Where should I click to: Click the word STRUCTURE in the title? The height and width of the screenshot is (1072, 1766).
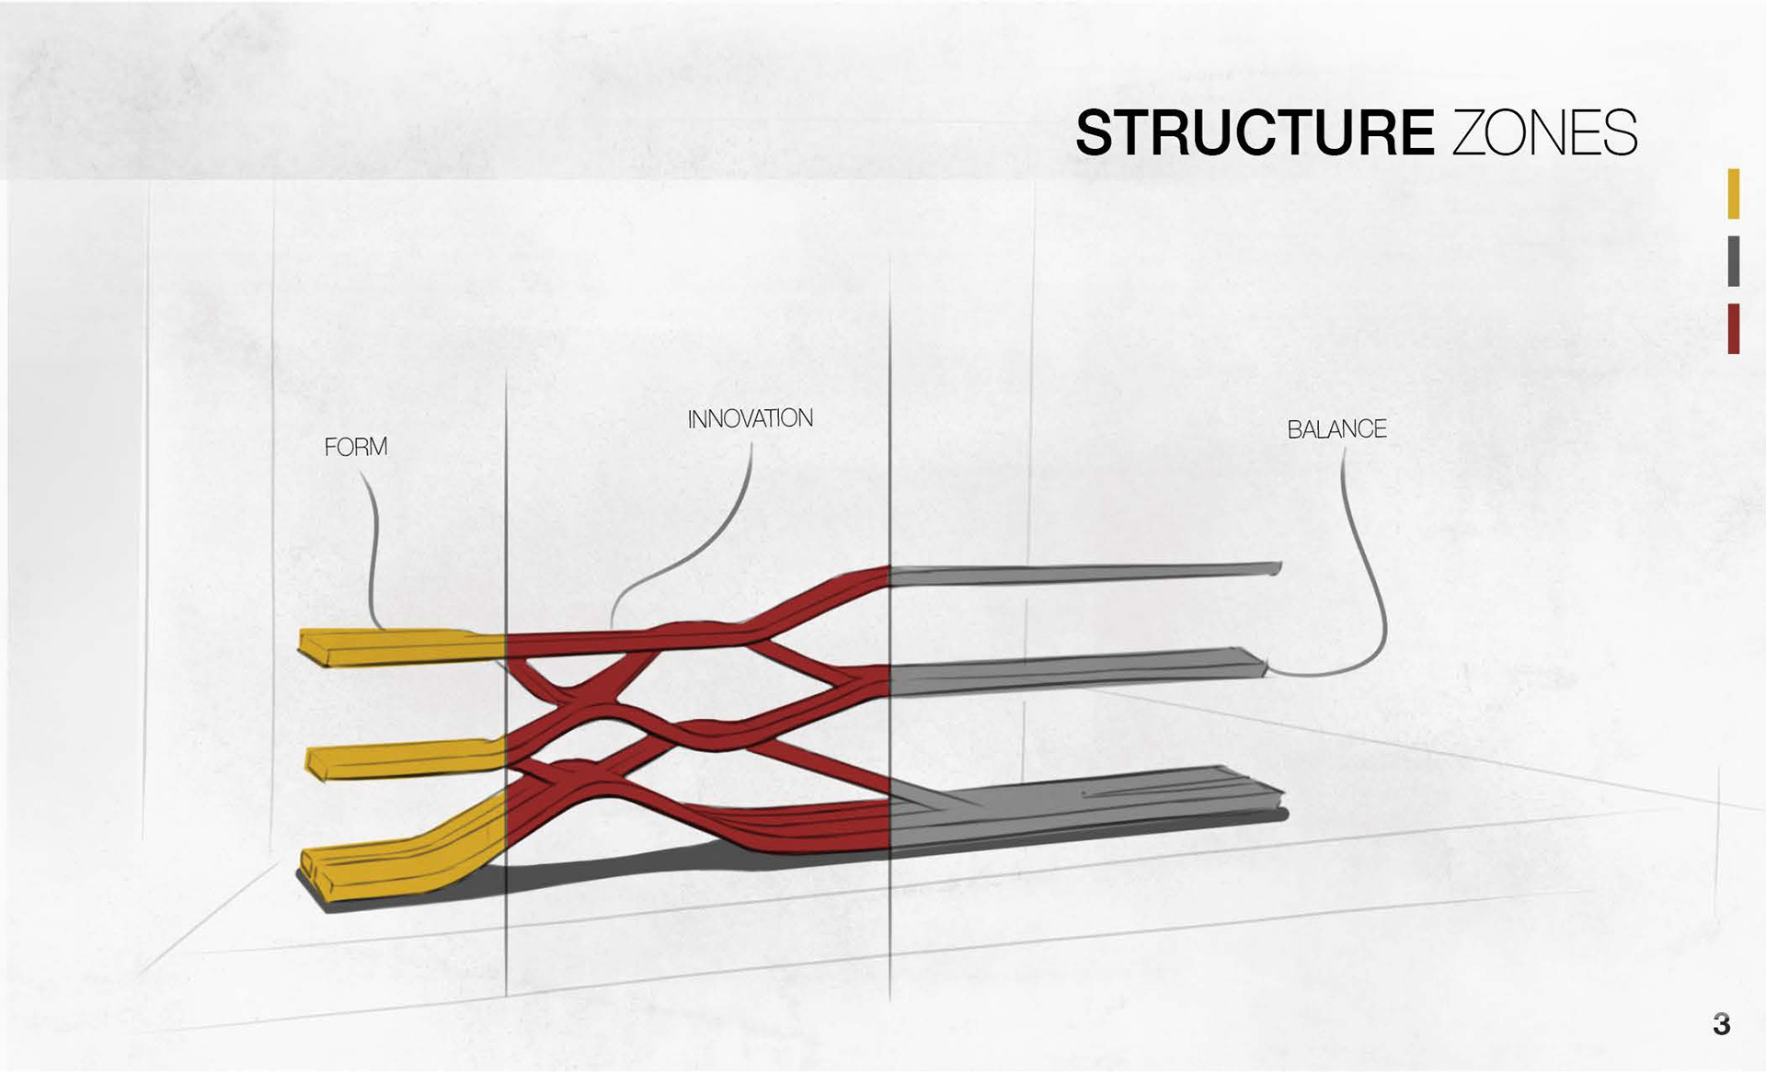click(1255, 133)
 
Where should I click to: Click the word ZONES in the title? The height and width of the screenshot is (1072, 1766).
click(1544, 133)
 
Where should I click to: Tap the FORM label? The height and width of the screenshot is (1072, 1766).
click(356, 448)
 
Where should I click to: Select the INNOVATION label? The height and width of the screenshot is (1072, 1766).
click(750, 419)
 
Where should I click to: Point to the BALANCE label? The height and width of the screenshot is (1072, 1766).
click(1336, 429)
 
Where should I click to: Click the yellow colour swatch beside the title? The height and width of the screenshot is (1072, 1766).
click(1733, 193)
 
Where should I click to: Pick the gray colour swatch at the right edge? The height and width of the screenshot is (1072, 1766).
click(1733, 261)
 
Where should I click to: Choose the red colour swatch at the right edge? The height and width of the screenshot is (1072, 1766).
click(1733, 328)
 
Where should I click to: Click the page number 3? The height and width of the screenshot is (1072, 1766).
click(1722, 1024)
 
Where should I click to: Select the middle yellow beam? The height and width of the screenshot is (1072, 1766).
click(405, 758)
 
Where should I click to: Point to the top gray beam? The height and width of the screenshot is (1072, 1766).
click(1085, 574)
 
